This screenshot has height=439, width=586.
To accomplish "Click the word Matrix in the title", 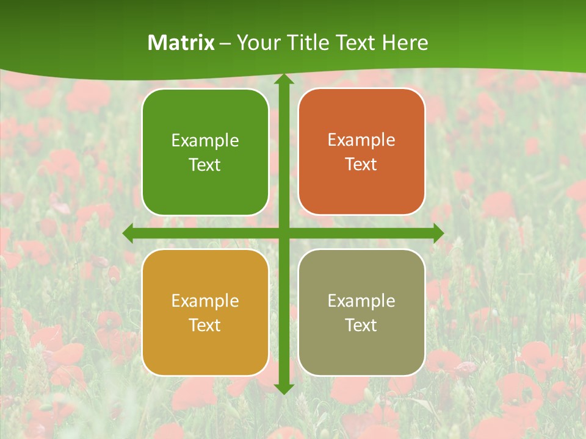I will pos(181,43).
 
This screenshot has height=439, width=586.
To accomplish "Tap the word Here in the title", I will pos(405,43).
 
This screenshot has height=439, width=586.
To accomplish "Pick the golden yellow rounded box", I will pos(205,357).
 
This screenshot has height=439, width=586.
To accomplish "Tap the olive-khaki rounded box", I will pos(361,357).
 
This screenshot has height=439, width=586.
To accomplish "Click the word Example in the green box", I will pos(205,141).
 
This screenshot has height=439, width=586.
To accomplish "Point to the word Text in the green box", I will pos(205,165).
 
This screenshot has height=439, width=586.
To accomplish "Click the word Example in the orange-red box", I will pos(361,140).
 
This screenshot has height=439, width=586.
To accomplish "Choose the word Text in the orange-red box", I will pos(361,165).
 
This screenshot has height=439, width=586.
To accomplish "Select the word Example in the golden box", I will pos(205,301).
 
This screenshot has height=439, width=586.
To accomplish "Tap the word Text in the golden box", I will pos(205,325).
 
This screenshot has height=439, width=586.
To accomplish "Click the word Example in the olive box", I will pos(361,301).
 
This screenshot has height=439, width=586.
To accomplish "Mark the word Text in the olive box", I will pos(361,325).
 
